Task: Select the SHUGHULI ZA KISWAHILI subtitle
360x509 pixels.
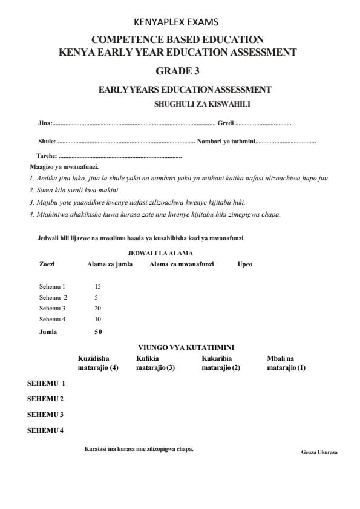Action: (x=202, y=103)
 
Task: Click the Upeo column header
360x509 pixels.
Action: (x=245, y=264)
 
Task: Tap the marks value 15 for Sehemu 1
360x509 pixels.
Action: (x=98, y=286)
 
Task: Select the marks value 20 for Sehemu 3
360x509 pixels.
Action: (x=98, y=308)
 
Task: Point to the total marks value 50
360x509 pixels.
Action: (x=98, y=331)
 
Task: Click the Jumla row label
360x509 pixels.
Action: (x=48, y=331)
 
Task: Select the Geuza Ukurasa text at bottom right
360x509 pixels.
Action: (x=319, y=452)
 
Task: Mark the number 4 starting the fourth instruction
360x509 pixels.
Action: (x=31, y=214)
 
